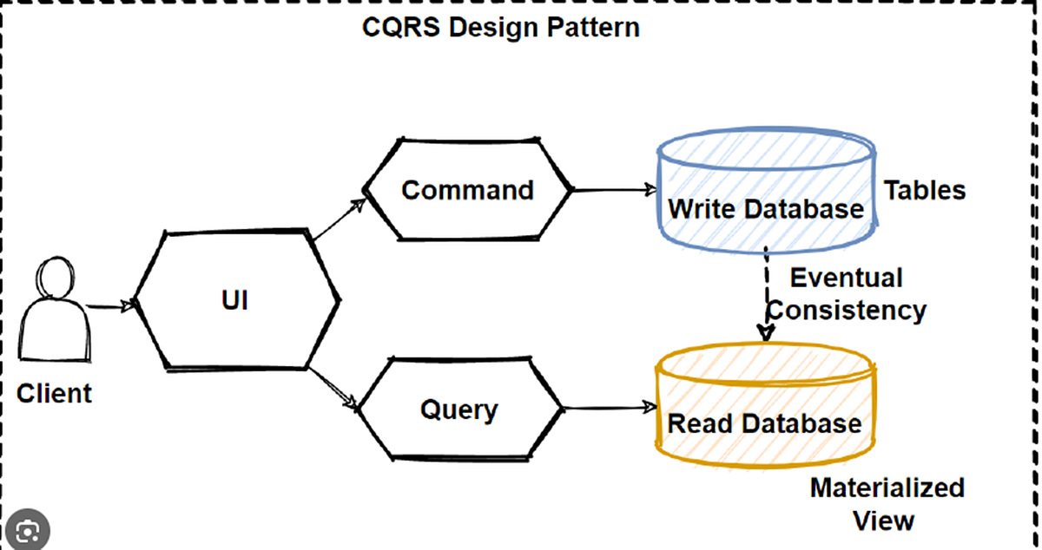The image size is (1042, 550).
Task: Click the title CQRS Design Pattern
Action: point(500,27)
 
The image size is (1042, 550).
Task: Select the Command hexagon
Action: point(467,190)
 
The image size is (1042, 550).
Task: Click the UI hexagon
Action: point(235,301)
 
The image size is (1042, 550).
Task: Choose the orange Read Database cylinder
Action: point(764,408)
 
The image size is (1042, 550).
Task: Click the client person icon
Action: point(54,317)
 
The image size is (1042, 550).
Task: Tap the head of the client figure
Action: point(52,279)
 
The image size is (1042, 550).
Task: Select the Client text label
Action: point(54,393)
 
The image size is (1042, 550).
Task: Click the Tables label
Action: point(925,190)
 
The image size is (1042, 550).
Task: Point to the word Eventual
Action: point(846,278)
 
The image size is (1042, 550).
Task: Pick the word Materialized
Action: point(887,487)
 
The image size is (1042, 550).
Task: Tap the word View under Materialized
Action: point(883,521)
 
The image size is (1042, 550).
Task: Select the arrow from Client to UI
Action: point(111,305)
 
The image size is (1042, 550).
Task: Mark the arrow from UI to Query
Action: point(334,387)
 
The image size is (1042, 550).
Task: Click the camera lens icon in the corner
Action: point(26,529)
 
